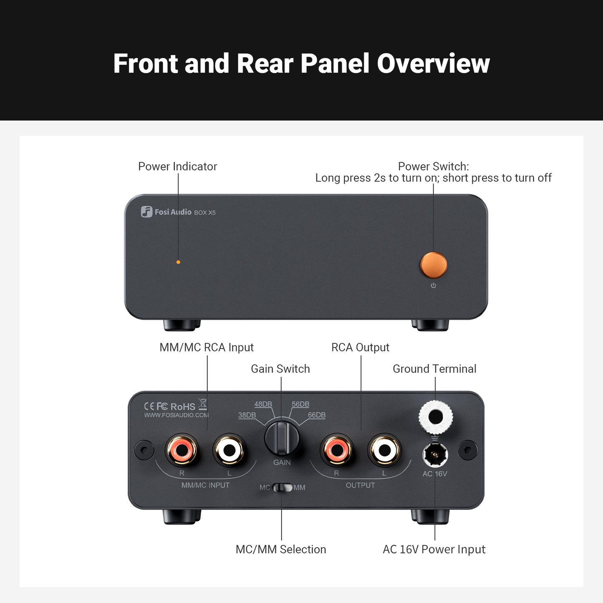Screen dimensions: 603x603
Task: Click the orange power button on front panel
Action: (434, 265)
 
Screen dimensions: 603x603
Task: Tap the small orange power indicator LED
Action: (178, 262)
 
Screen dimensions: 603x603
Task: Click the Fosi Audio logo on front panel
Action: (146, 212)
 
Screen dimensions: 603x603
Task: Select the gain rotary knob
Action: (282, 438)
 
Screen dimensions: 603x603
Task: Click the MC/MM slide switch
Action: (283, 487)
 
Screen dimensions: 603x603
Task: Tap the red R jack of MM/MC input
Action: (182, 450)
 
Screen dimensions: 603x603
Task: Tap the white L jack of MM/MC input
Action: (229, 450)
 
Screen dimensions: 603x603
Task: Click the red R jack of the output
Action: (337, 450)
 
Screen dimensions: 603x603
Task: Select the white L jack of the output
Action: (384, 450)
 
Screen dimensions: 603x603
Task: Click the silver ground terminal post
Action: (436, 416)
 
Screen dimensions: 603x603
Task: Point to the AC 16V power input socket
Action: (435, 454)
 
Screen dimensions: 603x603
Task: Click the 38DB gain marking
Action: (247, 415)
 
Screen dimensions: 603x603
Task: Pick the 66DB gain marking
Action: (317, 415)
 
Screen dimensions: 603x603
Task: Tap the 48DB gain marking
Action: (263, 404)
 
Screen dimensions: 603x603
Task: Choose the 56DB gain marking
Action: (300, 404)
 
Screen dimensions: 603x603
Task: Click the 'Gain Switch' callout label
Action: (280, 369)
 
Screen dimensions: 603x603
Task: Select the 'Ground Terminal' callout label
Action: (434, 369)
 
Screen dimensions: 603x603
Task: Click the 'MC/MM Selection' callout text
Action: (281, 549)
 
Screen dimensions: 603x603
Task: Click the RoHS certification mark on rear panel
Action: (183, 406)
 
